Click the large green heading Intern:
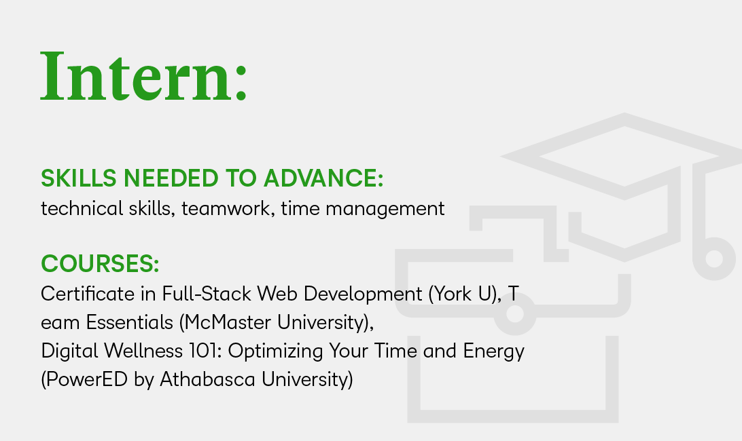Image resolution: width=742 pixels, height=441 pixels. coord(143,77)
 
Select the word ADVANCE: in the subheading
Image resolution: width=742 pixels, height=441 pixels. coord(323,178)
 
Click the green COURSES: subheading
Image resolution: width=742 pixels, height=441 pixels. coord(100,263)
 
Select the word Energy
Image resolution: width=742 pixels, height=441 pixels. coord(493,351)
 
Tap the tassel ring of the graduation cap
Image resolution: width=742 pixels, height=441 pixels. coord(713,258)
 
